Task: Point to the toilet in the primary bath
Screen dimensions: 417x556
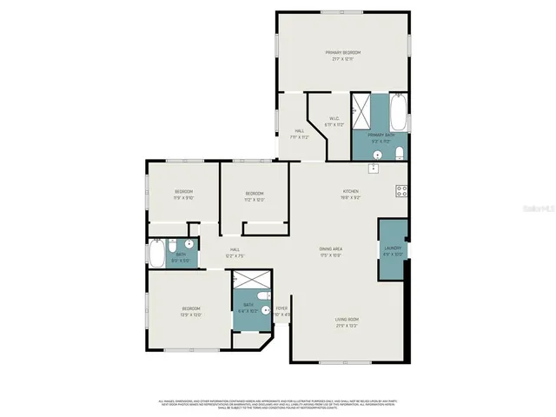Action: pos(398,154)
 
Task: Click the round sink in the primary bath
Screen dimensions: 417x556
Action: pos(376,155)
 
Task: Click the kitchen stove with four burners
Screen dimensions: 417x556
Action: pos(401,191)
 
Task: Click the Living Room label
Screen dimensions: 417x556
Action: pos(347,322)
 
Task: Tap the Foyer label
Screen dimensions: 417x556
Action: pos(281,310)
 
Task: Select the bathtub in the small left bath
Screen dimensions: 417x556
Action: pos(156,255)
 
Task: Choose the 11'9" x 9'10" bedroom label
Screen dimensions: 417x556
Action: pos(183,194)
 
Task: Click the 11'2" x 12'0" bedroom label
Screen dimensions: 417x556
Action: pos(254,195)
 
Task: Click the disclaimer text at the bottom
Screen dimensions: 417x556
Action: pos(278,403)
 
